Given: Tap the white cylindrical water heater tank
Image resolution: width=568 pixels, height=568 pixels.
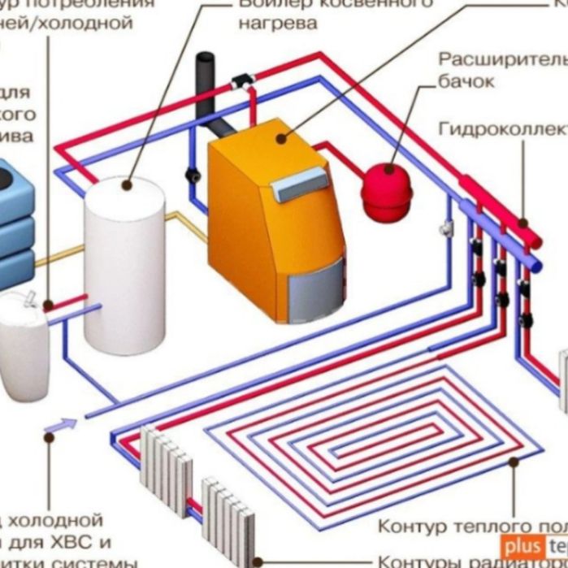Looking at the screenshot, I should pos(124,268).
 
